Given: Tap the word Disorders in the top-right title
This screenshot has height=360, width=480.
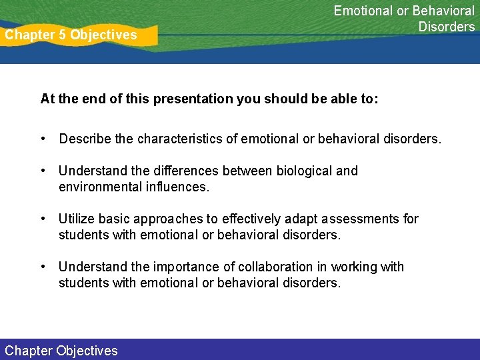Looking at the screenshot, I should [447, 27].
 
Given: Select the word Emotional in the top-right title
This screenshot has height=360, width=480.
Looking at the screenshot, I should [363, 11].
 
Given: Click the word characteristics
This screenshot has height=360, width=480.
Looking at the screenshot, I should [179, 139].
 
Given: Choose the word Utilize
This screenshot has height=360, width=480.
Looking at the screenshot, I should [77, 219].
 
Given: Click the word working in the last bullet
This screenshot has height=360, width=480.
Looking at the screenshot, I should [353, 267].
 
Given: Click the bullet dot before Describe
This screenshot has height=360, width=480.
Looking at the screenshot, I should [43, 139].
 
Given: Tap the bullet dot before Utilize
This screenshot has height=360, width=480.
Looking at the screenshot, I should [43, 219].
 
